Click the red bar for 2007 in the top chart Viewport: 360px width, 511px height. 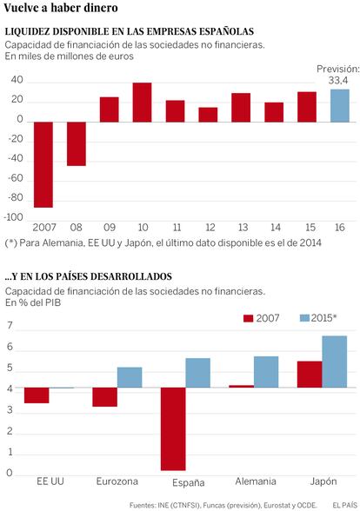tap(43, 164)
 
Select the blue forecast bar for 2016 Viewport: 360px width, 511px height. tap(340, 106)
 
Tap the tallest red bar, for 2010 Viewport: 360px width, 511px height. tap(143, 103)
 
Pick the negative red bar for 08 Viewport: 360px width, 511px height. tap(77, 144)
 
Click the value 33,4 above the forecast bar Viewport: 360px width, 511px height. tap(338, 80)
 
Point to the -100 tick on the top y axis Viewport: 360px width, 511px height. tap(13, 217)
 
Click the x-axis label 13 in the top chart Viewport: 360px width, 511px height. tap(243, 227)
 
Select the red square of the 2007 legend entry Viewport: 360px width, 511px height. tap(248, 318)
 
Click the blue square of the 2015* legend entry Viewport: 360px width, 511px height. tap(304, 318)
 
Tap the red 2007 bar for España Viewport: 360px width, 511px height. tap(173, 429)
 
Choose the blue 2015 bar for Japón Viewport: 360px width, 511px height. tap(335, 362)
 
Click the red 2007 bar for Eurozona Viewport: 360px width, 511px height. tap(104, 397)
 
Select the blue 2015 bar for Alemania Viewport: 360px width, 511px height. tap(266, 372)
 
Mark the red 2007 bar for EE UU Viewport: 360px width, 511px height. tap(37, 395)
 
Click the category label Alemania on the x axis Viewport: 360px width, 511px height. tap(256, 481)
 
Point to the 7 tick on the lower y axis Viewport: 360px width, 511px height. tap(10, 326)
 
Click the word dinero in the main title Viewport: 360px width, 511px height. tap(101, 8)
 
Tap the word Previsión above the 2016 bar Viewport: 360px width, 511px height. tap(338, 70)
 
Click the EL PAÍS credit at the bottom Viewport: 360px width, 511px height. tap(344, 505)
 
